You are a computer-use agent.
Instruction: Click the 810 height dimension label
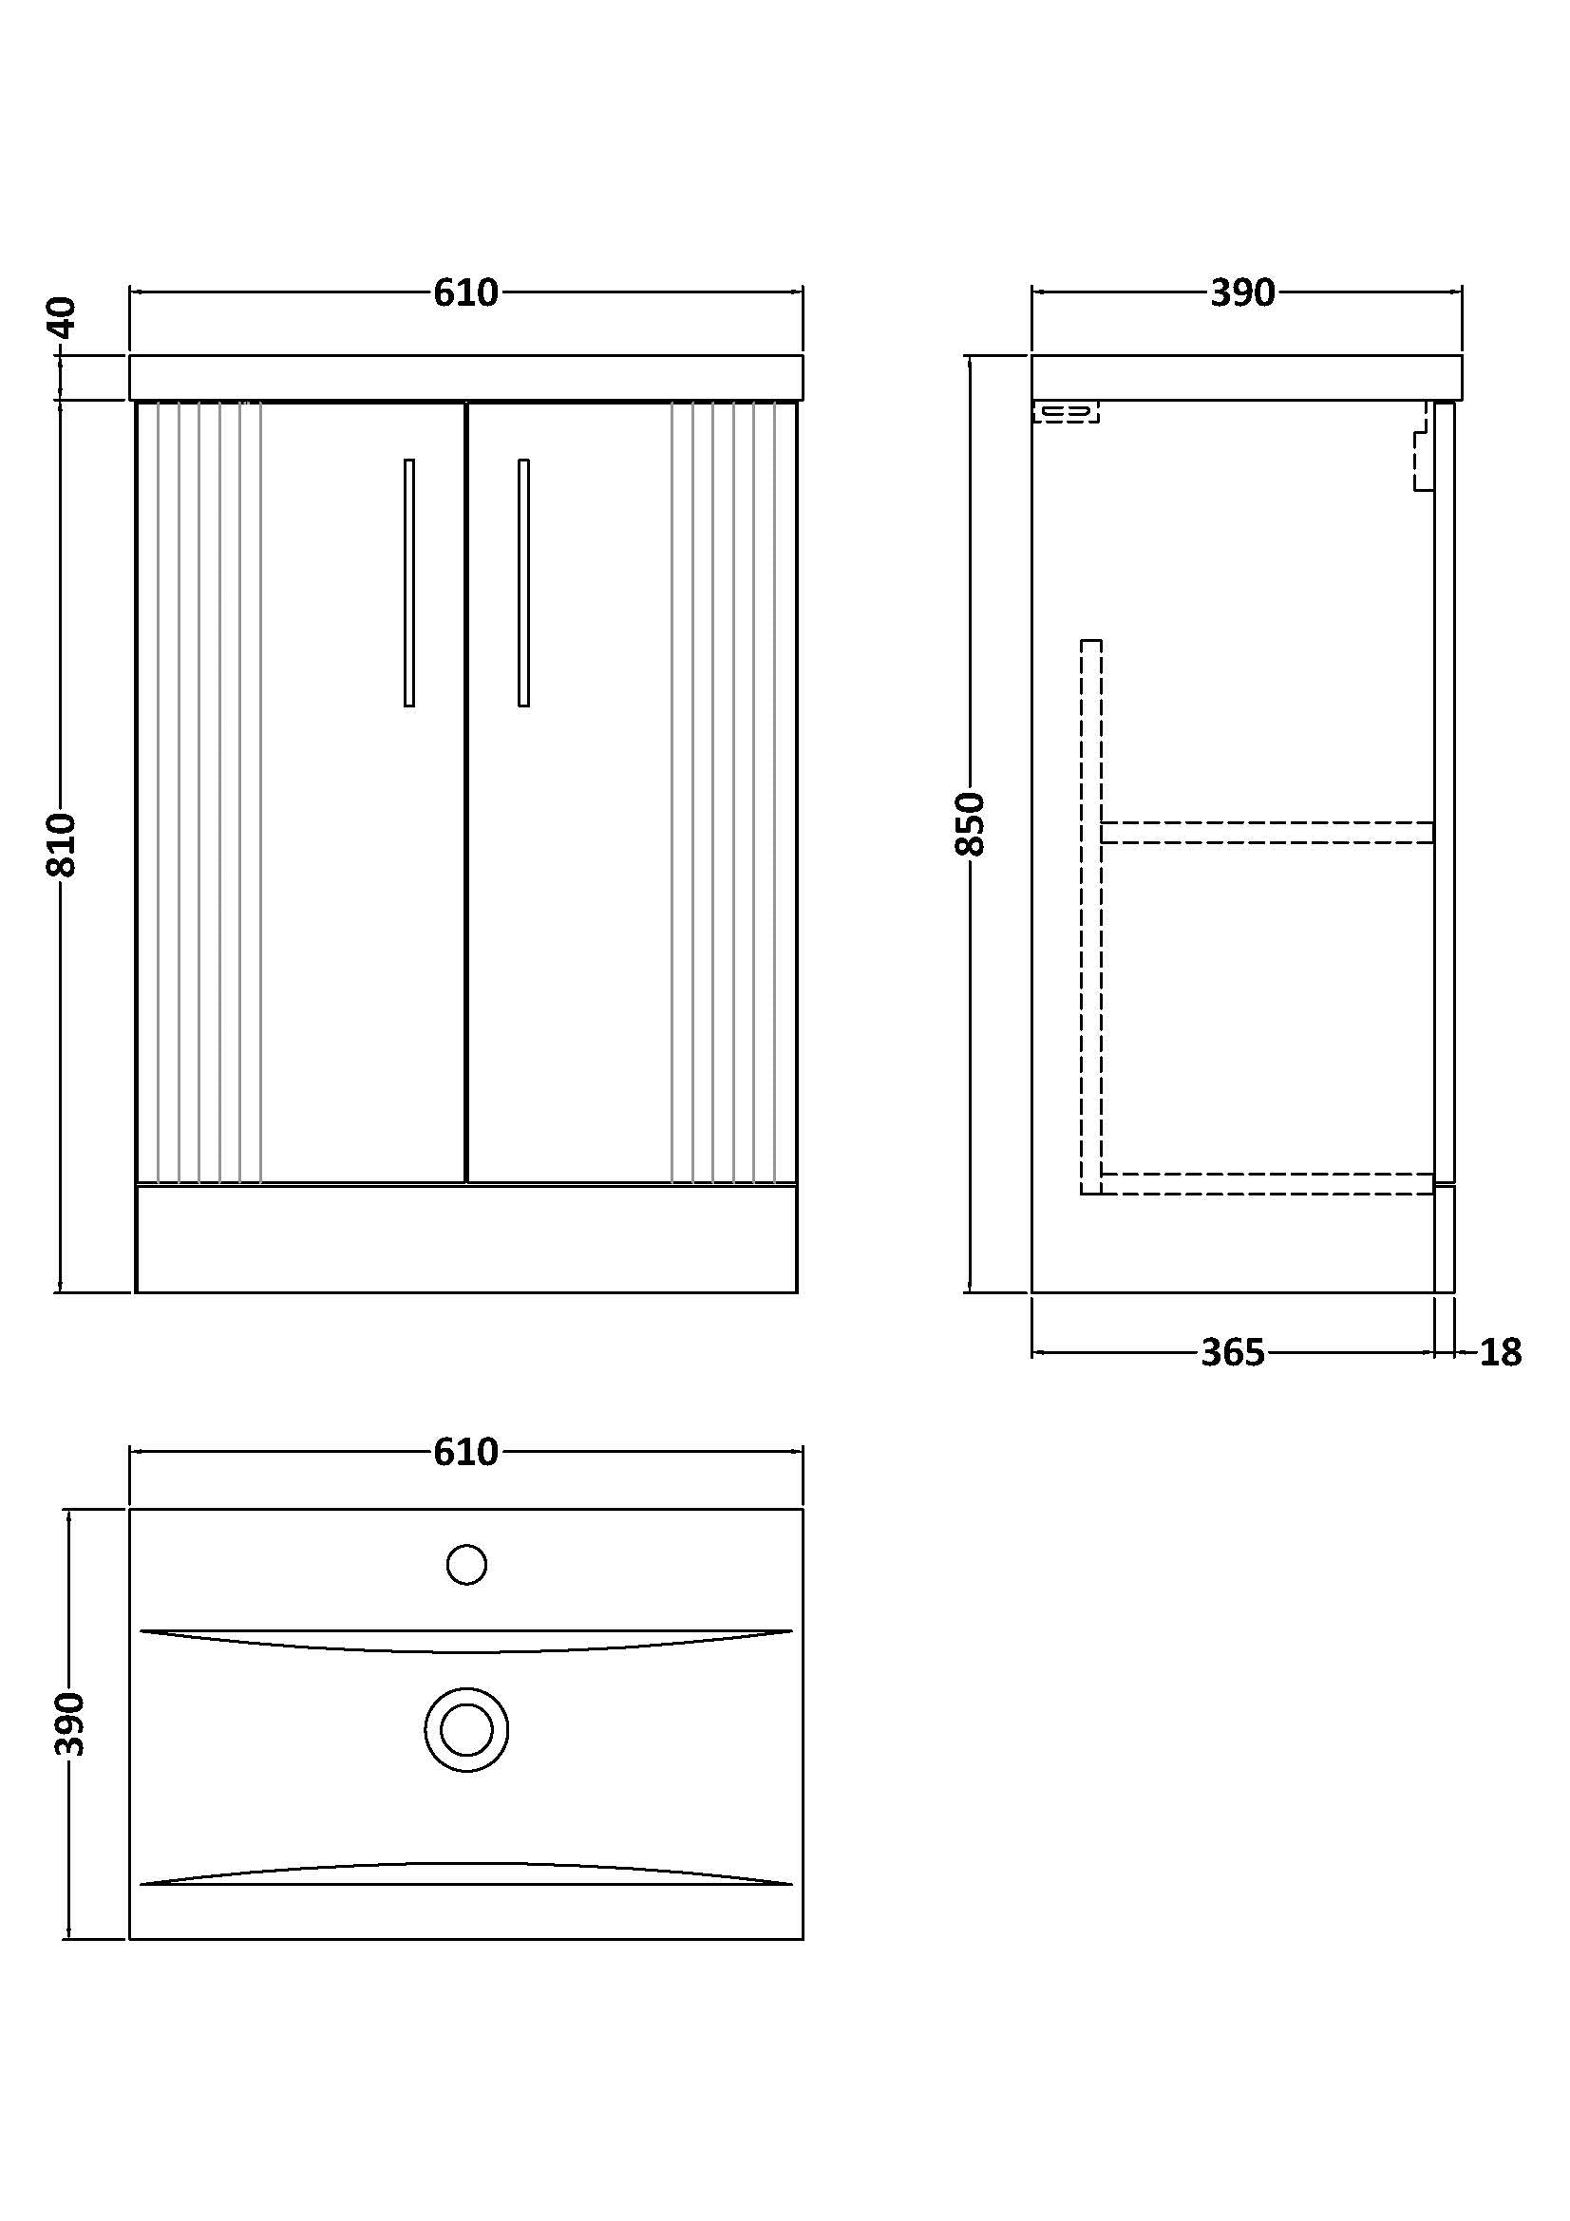pos(61,844)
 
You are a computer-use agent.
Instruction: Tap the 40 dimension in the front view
pos(61,316)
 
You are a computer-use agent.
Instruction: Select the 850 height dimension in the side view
pos(970,823)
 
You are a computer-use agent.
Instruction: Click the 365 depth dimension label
pos(1233,1352)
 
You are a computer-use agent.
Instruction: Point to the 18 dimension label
pos(1501,1352)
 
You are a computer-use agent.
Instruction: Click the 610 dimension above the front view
pos(465,292)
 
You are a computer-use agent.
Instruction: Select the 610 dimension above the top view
pos(465,1452)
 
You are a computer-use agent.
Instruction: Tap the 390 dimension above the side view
pos(1242,292)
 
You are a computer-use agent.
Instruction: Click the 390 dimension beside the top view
pos(69,1723)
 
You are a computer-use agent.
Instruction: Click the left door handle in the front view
pos(409,582)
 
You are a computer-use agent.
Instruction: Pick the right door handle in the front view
pos(523,582)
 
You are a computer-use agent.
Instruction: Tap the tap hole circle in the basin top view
pos(466,1564)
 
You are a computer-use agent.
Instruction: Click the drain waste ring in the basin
pos(466,1729)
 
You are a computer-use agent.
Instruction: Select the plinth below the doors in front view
pos(466,1238)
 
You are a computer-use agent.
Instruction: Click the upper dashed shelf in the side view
pos(1267,832)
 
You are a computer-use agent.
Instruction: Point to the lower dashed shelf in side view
pos(1267,1183)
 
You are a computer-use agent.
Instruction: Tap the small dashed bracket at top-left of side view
pos(1066,413)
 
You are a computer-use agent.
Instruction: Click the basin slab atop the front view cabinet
pos(466,377)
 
